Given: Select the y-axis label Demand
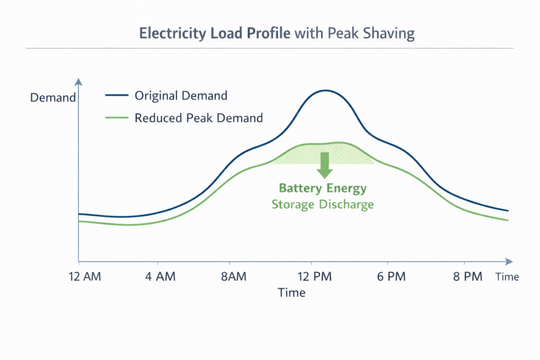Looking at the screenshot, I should click(53, 97).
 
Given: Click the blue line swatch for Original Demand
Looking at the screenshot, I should click(116, 96).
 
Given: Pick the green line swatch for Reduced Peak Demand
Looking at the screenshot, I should click(116, 118).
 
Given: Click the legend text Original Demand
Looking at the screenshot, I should click(181, 96).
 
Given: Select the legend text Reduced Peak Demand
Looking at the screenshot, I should click(199, 118).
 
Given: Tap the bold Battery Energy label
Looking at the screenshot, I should click(322, 188).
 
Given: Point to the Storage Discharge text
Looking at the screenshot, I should click(322, 204).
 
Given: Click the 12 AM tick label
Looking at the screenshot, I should click(85, 277).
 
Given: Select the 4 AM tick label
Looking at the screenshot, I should click(160, 277).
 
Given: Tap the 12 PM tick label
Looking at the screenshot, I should click(312, 277).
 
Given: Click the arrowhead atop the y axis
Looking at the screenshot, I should click(79, 82).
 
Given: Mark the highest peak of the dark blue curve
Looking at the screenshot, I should click(326, 91).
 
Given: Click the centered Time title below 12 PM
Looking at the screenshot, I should click(291, 292).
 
